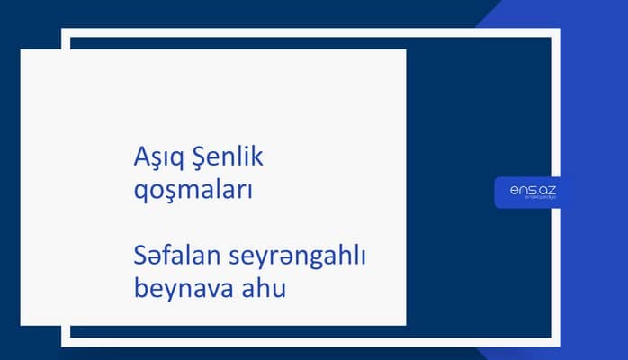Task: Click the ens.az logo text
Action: pyautogui.click(x=528, y=190)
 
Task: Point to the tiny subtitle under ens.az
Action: pyautogui.click(x=528, y=200)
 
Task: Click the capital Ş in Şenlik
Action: pyautogui.click(x=196, y=159)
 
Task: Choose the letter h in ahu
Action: pyautogui.click(x=257, y=288)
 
